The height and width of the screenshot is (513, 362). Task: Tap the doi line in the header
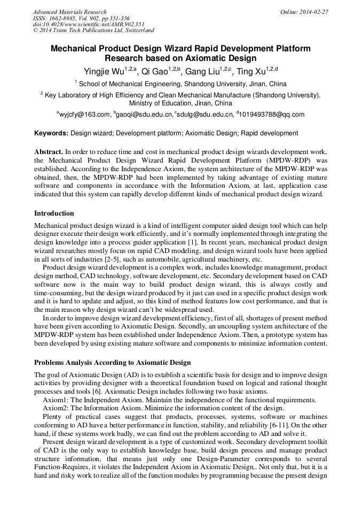(x=89, y=25)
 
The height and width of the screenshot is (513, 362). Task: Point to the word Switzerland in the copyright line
(x=138, y=30)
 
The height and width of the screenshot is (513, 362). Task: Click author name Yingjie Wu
(x=104, y=71)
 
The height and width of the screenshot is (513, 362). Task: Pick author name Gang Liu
(x=202, y=71)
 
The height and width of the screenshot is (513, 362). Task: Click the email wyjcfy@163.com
(x=85, y=114)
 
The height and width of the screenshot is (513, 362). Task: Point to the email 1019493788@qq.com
(x=272, y=114)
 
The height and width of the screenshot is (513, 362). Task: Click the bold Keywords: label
(x=51, y=133)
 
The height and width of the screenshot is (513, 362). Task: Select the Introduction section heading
(x=54, y=213)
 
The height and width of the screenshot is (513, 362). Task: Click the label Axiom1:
(x=56, y=399)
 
